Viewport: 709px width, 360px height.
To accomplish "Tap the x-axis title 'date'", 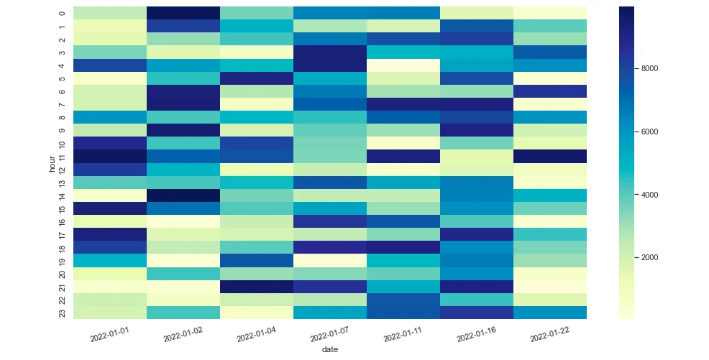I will pyautogui.click(x=329, y=350).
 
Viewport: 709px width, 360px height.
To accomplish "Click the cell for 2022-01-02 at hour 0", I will pyautogui.click(x=183, y=13).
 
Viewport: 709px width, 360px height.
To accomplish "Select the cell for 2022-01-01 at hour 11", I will pyautogui.click(x=110, y=156).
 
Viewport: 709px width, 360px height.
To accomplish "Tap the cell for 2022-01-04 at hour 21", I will pyautogui.click(x=257, y=286).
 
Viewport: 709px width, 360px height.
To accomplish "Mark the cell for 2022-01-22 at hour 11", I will pyautogui.click(x=550, y=156).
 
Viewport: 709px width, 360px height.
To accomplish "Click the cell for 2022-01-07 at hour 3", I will pyautogui.click(x=330, y=52).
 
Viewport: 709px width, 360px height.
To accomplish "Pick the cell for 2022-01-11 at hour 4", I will pyautogui.click(x=403, y=65).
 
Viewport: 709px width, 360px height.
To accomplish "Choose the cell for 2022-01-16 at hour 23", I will pyautogui.click(x=477, y=312).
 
